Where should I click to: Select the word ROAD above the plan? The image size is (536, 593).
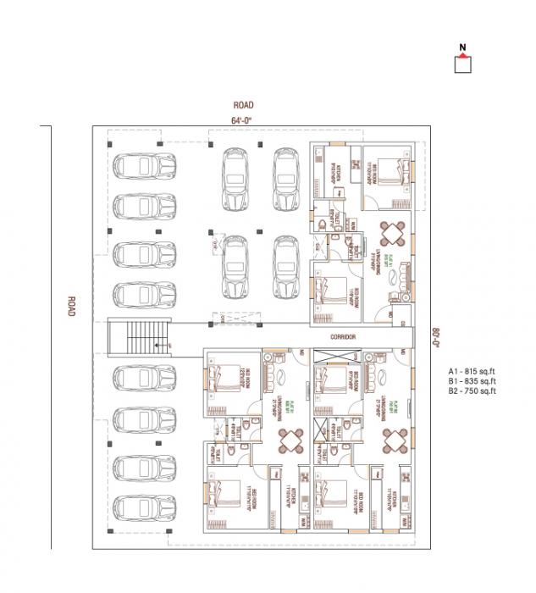[x=243, y=105]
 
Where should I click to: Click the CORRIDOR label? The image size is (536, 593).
[x=343, y=336]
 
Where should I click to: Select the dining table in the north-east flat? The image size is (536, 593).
[x=392, y=233]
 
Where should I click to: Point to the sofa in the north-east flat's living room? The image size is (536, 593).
[x=405, y=278]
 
